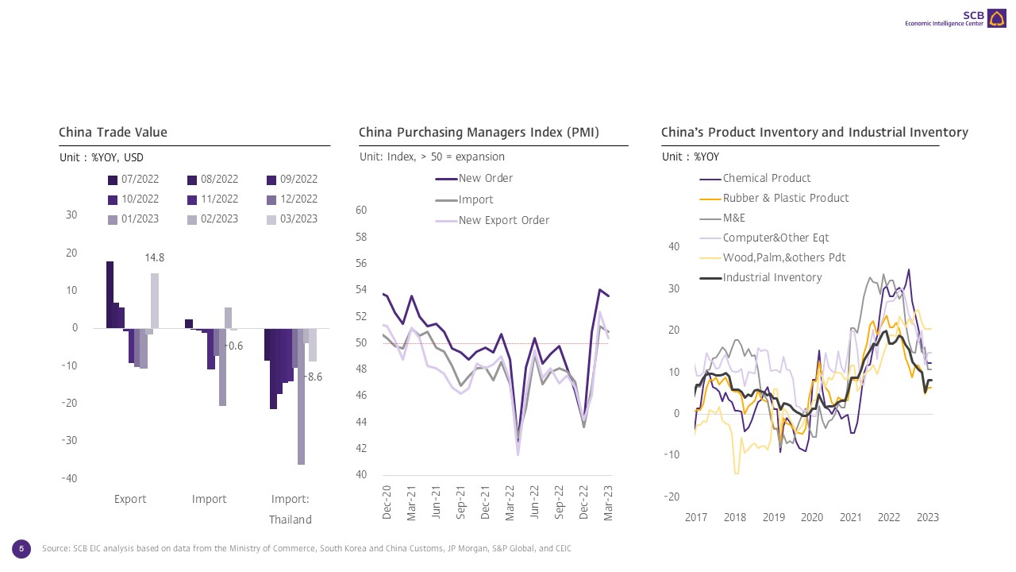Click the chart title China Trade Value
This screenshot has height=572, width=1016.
[113, 133]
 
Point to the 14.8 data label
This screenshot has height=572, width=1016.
[155, 257]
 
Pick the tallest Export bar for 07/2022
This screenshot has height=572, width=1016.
[110, 295]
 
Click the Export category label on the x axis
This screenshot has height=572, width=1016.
[130, 499]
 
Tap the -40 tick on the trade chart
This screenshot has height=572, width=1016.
[70, 478]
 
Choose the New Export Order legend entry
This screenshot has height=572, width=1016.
[503, 220]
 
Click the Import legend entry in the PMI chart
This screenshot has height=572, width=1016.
[475, 199]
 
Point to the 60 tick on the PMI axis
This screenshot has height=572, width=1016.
[360, 210]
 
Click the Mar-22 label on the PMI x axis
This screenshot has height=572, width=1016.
[510, 503]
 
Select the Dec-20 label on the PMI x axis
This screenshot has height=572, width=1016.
[387, 503]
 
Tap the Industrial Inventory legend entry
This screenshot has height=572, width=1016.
[772, 277]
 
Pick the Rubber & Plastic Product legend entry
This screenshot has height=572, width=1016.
[785, 198]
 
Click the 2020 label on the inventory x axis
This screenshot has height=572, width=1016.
[812, 517]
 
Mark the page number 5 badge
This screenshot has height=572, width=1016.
[21, 548]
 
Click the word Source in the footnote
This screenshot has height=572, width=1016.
[56, 549]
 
